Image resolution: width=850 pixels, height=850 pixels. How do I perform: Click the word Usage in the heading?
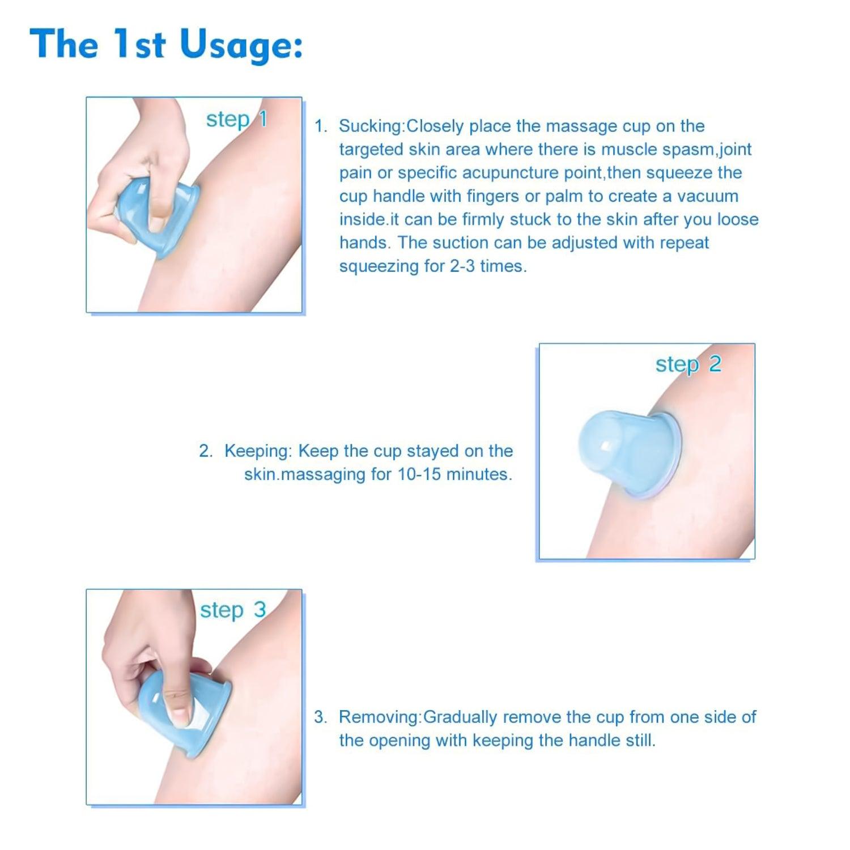242,45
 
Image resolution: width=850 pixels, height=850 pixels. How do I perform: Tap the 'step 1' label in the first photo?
236,120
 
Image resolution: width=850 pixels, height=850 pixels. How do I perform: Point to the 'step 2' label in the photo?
688,364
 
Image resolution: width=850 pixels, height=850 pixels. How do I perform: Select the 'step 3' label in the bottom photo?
232,610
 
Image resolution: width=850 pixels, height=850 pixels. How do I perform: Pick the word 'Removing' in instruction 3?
379,717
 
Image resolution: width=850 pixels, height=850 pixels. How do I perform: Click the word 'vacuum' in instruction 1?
708,196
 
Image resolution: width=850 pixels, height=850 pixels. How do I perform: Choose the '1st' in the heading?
139,45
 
